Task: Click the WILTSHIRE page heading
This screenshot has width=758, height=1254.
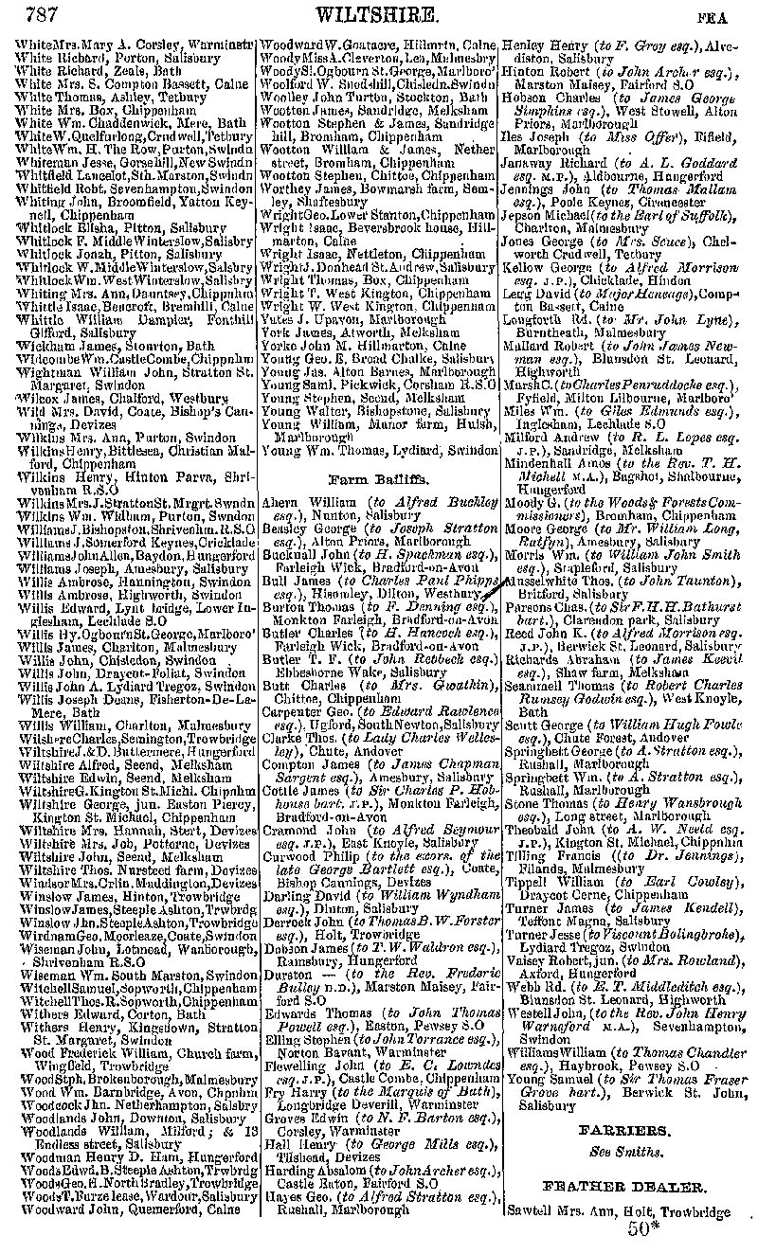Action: click(377, 14)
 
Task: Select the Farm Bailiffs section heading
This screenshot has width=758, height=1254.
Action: click(380, 479)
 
